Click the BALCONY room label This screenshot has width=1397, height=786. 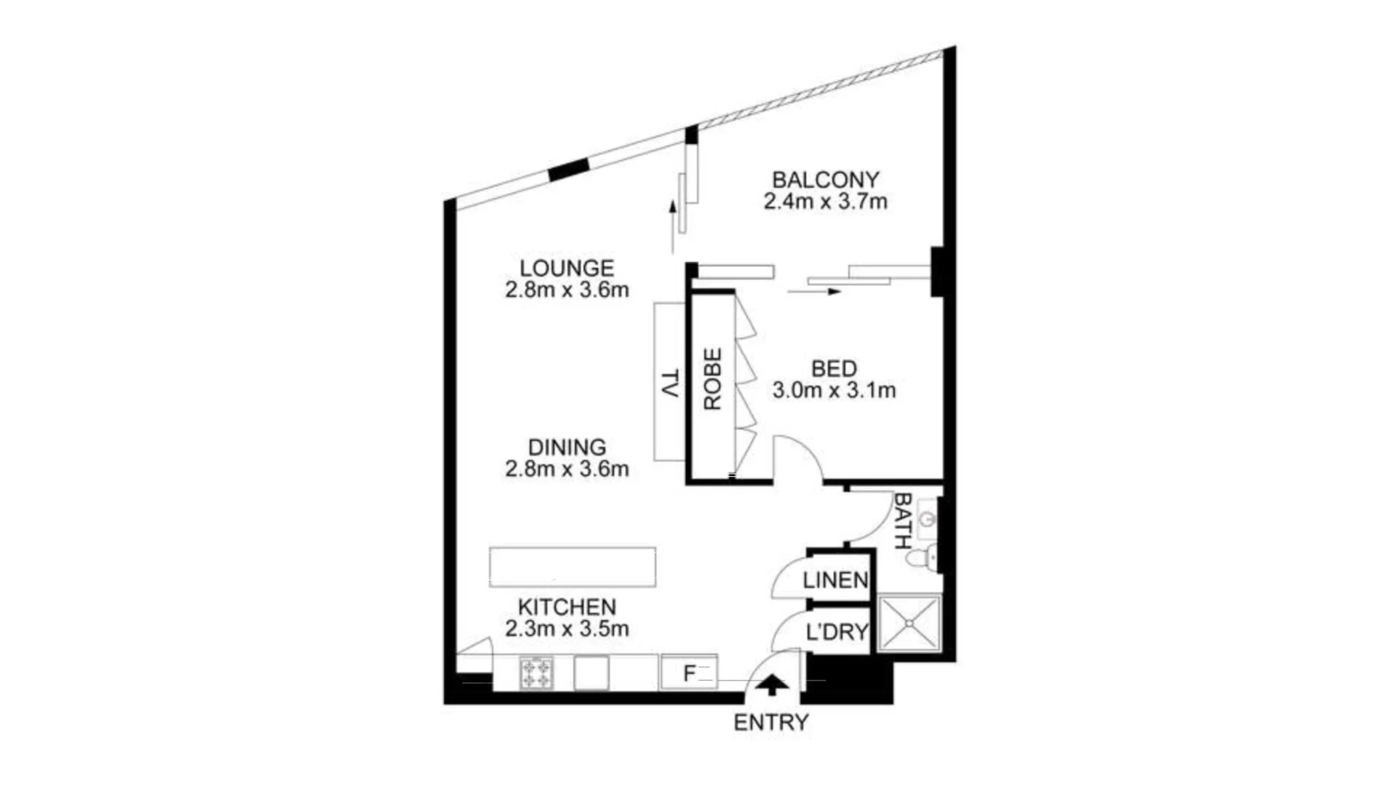click(825, 179)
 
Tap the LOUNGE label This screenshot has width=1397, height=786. click(567, 268)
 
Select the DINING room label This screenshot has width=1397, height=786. click(567, 447)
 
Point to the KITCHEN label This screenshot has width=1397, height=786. click(567, 606)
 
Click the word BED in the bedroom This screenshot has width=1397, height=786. click(834, 368)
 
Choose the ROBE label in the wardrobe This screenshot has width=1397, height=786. click(712, 378)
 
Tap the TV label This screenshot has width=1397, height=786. click(670, 383)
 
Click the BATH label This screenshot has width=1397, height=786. click(902, 520)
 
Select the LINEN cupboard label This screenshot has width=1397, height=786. click(835, 580)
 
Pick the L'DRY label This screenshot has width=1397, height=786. click(837, 632)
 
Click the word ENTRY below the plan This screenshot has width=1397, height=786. click(771, 723)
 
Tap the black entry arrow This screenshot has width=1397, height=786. click(771, 685)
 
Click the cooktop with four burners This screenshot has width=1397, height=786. click(536, 673)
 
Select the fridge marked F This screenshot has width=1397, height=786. click(689, 672)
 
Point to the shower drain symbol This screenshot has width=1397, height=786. click(910, 624)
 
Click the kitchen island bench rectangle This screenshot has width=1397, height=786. click(573, 567)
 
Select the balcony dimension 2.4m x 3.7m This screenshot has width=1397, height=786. click(825, 202)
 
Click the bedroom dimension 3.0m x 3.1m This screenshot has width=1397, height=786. click(834, 391)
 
